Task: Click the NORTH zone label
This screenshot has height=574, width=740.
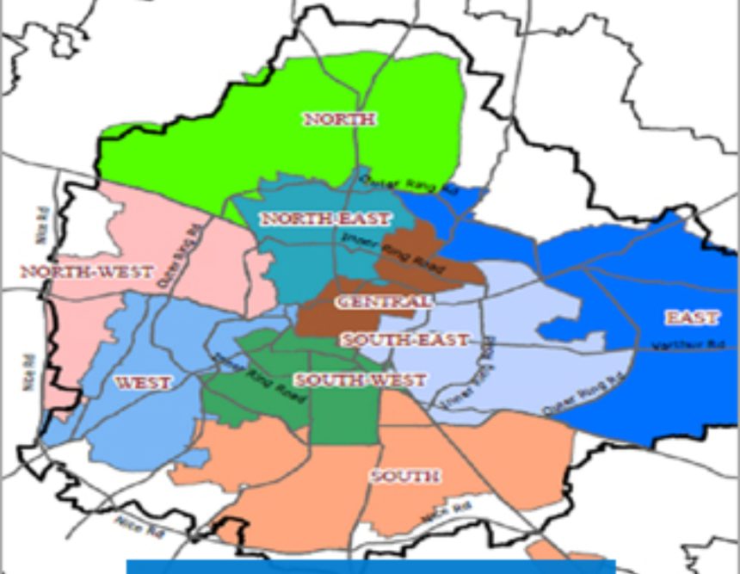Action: pyautogui.click(x=339, y=119)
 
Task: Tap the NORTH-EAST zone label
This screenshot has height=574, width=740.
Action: pyautogui.click(x=326, y=219)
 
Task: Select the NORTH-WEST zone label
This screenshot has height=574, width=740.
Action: pyautogui.click(x=86, y=272)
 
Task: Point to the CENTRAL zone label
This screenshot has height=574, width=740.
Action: pyautogui.click(x=384, y=302)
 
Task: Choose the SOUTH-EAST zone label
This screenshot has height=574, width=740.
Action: pyautogui.click(x=404, y=340)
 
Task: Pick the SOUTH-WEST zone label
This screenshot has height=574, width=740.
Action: pyautogui.click(x=360, y=380)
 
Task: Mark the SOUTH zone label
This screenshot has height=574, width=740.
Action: pyautogui.click(x=404, y=476)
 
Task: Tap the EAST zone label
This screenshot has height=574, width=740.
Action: pyautogui.click(x=692, y=318)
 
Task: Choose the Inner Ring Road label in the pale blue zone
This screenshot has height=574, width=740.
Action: pyautogui.click(x=469, y=371)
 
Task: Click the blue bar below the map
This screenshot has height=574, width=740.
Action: pyautogui.click(x=371, y=566)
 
